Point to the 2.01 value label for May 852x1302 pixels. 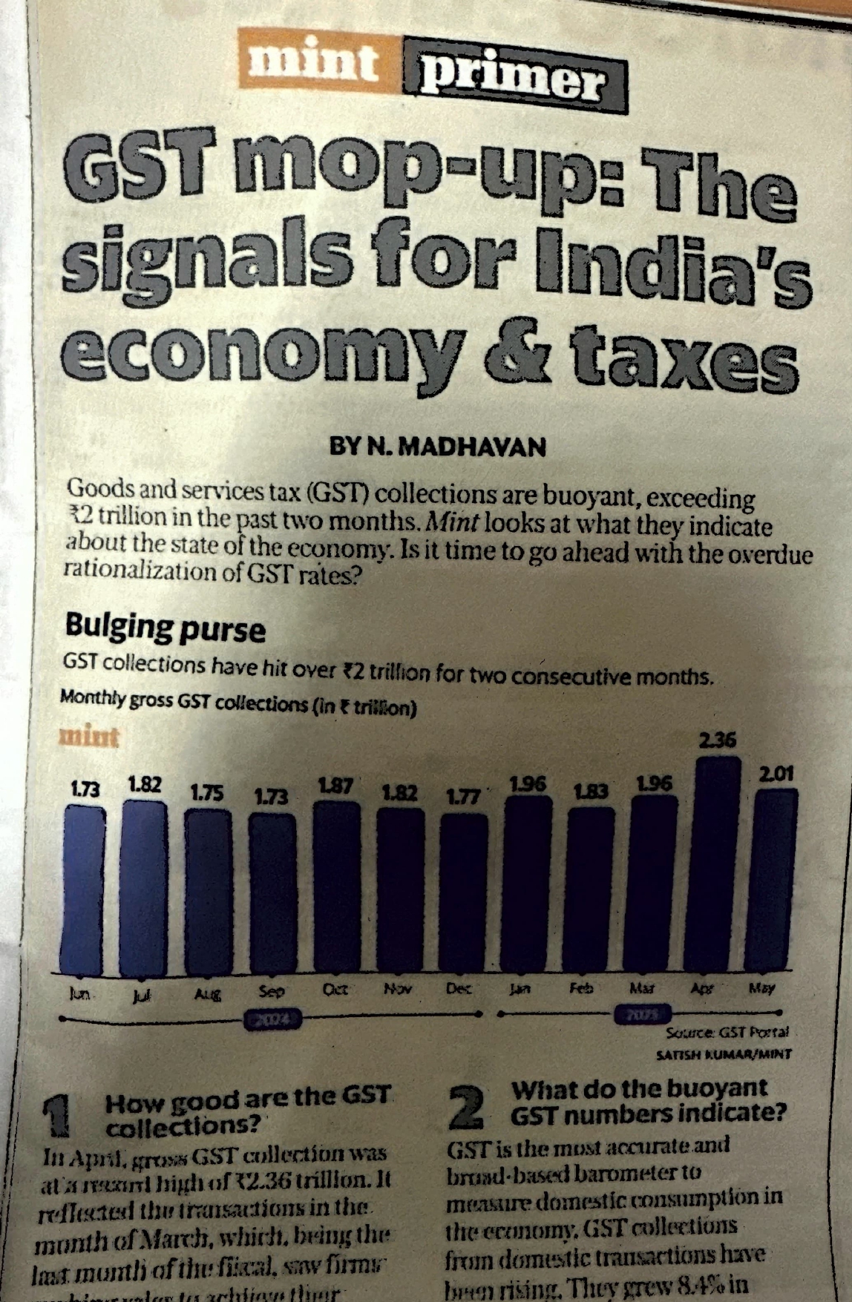[x=776, y=775]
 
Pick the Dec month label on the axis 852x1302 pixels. [x=460, y=990]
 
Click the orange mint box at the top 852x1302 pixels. [x=315, y=59]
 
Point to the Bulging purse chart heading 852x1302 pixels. [x=165, y=629]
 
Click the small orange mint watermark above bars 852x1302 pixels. [x=89, y=737]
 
